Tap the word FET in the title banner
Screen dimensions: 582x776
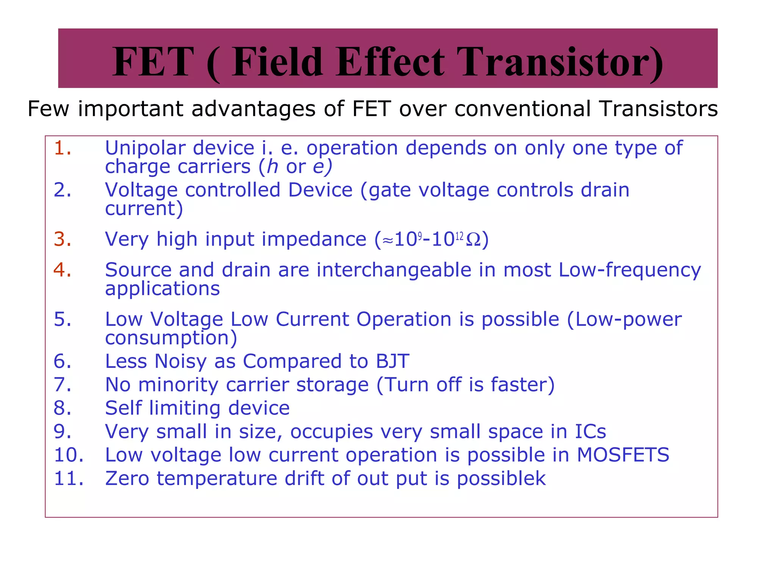[x=153, y=62]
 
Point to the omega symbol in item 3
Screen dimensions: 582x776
[x=473, y=239]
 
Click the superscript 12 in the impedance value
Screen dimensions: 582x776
[x=459, y=237]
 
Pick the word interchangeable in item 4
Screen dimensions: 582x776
[x=394, y=270]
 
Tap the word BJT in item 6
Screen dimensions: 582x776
[x=392, y=361]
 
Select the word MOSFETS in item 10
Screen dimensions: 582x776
[x=623, y=455]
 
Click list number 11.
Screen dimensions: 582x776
[x=69, y=479]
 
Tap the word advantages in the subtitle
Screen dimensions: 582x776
[x=253, y=109]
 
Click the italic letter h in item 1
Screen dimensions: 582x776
[x=272, y=167]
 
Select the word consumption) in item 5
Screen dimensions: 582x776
[x=171, y=338]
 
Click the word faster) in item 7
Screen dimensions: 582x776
[x=523, y=385]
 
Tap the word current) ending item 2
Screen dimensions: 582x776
[x=144, y=209]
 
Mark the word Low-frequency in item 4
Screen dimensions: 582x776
[x=630, y=270]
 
